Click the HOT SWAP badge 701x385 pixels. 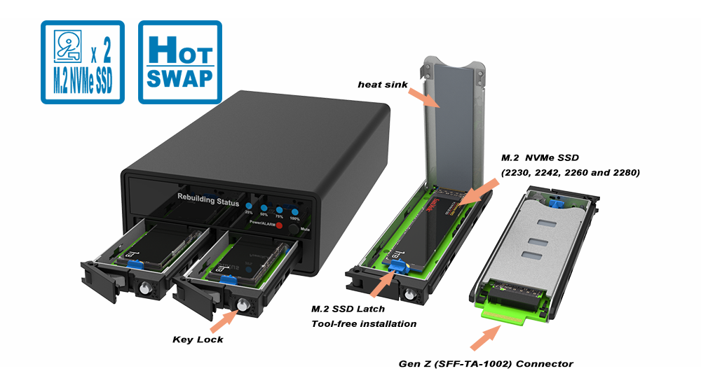click(x=179, y=62)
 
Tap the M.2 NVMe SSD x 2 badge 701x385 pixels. click(x=82, y=62)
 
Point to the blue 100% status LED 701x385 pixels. click(x=295, y=211)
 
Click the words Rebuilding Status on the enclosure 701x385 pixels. click(x=209, y=202)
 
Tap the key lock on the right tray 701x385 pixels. click(x=244, y=306)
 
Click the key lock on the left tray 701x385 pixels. click(x=147, y=288)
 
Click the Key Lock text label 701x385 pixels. click(x=198, y=339)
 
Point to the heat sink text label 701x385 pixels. click(x=379, y=85)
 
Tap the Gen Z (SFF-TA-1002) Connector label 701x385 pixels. click(x=485, y=363)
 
